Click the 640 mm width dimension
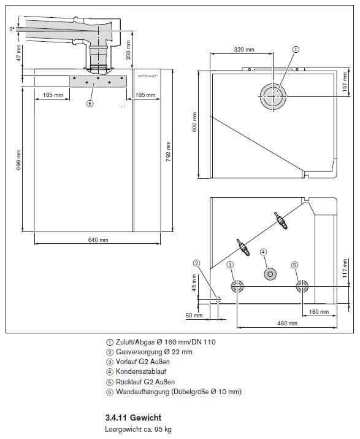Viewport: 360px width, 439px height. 98,239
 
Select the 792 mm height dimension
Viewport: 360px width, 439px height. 168,152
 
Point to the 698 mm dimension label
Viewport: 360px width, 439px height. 18,160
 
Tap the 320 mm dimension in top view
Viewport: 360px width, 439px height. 244,50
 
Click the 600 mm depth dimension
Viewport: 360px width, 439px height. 195,122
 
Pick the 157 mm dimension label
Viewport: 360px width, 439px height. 345,82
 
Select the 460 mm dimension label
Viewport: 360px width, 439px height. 287,324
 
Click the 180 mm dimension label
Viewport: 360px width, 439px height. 319,312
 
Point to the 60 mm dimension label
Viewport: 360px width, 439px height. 194,315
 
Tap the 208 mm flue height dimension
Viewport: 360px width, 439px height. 128,50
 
